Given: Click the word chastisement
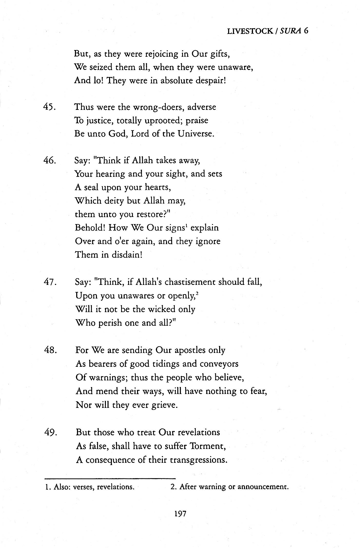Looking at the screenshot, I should (190, 282).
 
